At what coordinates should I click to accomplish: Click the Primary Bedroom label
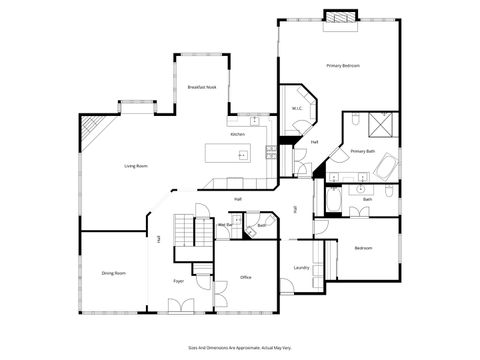point(343,65)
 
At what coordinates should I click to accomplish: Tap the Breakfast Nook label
point(204,88)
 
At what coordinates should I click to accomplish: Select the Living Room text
point(137,165)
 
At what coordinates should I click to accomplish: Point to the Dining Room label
point(113,272)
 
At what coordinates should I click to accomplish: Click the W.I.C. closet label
point(297,108)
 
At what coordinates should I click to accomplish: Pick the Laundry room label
point(301,267)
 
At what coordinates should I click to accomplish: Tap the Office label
point(246,277)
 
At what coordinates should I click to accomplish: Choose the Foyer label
point(179,281)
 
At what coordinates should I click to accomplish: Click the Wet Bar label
point(225,225)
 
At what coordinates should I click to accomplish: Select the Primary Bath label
point(363,151)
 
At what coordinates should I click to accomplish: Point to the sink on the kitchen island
point(242,155)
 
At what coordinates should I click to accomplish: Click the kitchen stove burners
point(270,151)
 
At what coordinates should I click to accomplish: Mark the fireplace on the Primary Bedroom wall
point(339,17)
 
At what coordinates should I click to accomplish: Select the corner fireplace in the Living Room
point(91,127)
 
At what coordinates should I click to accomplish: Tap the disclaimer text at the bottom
point(239,346)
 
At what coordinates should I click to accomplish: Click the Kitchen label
point(238,134)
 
